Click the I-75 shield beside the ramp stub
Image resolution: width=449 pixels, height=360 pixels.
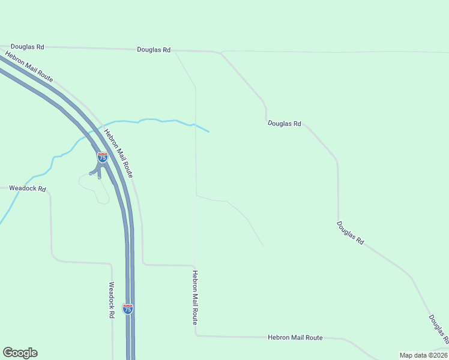[103, 157]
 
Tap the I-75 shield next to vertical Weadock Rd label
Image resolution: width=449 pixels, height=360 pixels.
[127, 308]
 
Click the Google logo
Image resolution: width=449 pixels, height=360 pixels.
[20, 353]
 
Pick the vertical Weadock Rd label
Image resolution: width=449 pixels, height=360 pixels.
[112, 299]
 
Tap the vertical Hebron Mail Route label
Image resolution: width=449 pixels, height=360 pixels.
[195, 298]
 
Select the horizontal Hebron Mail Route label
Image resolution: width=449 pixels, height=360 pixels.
[295, 338]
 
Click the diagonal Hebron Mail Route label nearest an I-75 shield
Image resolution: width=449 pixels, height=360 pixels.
[118, 153]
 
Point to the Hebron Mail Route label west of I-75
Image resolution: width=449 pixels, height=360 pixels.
[29, 67]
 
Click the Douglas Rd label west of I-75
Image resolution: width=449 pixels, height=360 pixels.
[28, 46]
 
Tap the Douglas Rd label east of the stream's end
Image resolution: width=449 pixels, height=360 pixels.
[284, 124]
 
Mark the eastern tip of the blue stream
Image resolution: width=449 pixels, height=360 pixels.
[209, 131]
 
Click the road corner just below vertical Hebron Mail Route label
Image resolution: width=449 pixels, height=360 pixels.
[196, 335]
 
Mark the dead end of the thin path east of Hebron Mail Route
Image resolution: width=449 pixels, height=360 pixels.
[263, 245]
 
